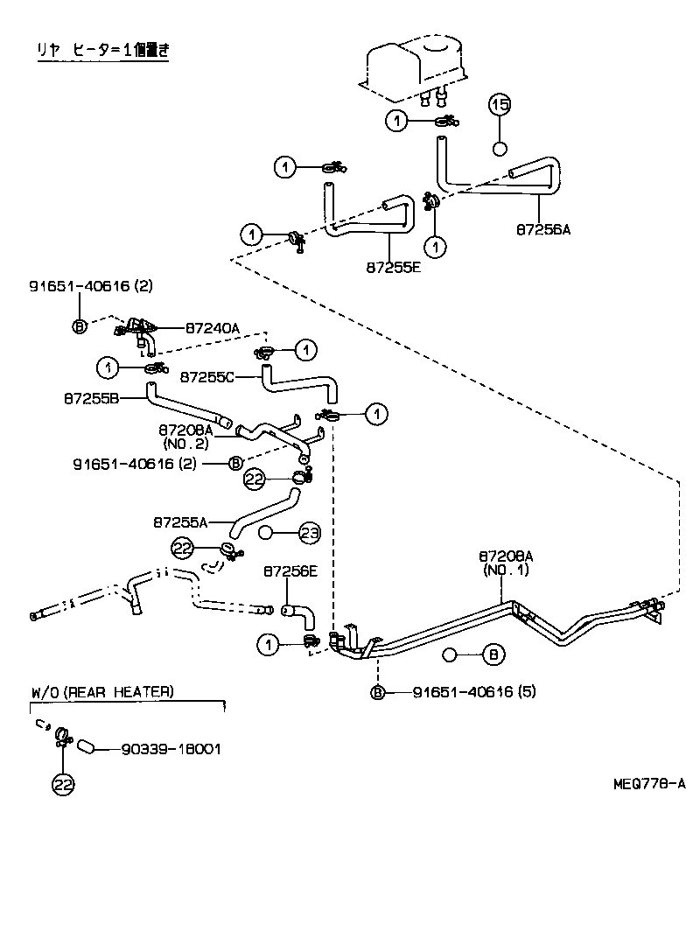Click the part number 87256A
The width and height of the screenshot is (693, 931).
pos(542,230)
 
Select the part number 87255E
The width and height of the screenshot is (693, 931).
pos(394,267)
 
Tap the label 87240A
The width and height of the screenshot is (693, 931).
pos(212,327)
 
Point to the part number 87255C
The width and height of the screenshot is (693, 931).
pos(206,376)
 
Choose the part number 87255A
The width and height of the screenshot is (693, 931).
pos(180,522)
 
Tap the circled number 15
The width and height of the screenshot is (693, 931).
pos(499,106)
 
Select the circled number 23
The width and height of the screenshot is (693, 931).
pos(311,531)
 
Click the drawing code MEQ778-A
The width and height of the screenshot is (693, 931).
pos(648,784)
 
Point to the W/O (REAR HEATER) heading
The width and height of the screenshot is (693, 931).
pos(102,692)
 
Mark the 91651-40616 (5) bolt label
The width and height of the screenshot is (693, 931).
pos(473,692)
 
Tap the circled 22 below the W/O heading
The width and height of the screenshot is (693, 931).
pos(62,785)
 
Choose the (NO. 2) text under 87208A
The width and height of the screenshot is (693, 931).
pos(185,444)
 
